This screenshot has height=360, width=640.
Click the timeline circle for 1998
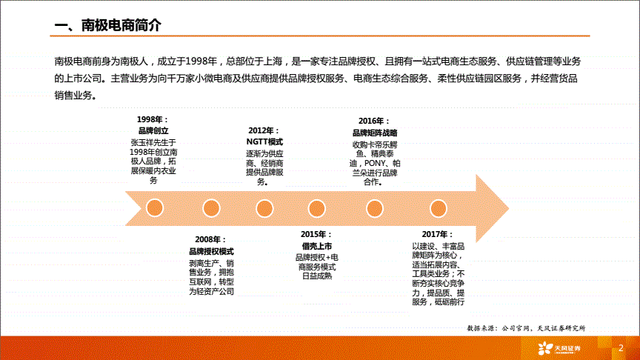(155, 208)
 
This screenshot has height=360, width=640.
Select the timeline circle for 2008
(211, 208)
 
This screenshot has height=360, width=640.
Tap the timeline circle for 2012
(264, 208)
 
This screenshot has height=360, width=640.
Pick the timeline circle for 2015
(317, 208)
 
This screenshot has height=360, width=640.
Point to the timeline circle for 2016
(375, 208)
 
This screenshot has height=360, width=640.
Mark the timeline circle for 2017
(439, 208)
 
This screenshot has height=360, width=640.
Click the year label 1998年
(150, 119)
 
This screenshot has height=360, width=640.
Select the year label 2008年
(208, 239)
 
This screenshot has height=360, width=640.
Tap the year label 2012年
(261, 130)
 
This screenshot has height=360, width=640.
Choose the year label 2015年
(314, 235)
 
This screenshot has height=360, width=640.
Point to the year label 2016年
(372, 121)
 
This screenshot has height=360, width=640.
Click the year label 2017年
(436, 234)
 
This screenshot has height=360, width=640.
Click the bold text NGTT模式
(264, 142)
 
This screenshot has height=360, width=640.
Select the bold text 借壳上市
(317, 246)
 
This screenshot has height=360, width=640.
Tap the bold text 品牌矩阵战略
(375, 133)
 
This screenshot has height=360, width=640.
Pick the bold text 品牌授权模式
(211, 251)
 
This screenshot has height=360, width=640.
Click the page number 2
(621, 347)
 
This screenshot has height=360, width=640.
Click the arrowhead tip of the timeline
(509, 208)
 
